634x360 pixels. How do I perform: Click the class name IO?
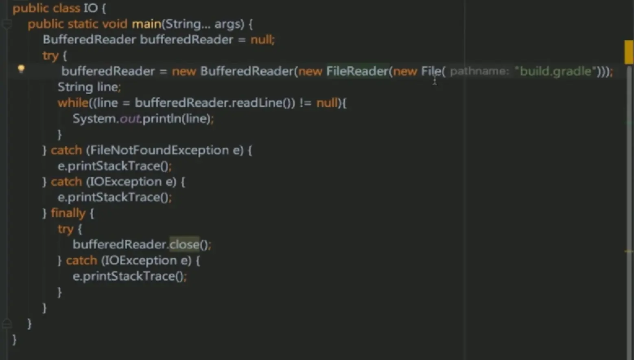[x=90, y=8]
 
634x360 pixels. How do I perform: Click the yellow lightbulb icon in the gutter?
[x=21, y=69]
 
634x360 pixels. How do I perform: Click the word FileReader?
[x=357, y=71]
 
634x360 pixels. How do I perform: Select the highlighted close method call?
[x=184, y=244]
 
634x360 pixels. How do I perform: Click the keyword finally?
[x=68, y=213]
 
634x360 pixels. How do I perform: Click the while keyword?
[x=73, y=103]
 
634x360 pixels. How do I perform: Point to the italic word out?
[x=130, y=119]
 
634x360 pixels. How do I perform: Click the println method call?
[x=162, y=119]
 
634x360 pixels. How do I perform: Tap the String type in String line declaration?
[x=75, y=87]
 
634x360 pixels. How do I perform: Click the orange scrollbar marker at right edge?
[x=629, y=52]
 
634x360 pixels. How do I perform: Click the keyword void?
[x=114, y=24]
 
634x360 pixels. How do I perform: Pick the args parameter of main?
[x=226, y=24]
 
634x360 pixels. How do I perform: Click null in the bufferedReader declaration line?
[x=261, y=40]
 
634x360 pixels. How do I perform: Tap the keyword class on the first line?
[x=66, y=8]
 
